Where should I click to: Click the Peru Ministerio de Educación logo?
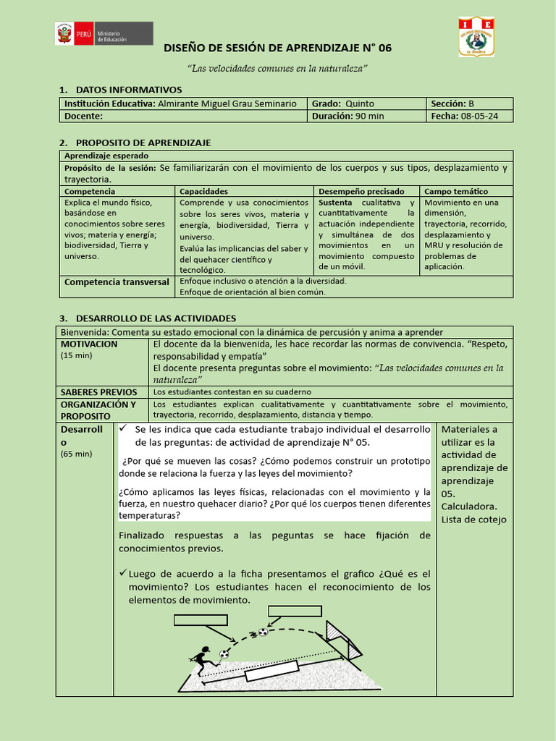104,33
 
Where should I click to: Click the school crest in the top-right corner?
477,37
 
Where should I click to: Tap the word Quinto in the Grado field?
360,103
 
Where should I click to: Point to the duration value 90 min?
369,116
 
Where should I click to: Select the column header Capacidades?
203,191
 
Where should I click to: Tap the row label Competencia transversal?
117,281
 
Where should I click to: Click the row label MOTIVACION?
89,344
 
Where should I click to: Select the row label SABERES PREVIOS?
99,392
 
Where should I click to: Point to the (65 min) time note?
76,454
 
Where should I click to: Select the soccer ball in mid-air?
262,632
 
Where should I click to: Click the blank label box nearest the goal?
294,610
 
